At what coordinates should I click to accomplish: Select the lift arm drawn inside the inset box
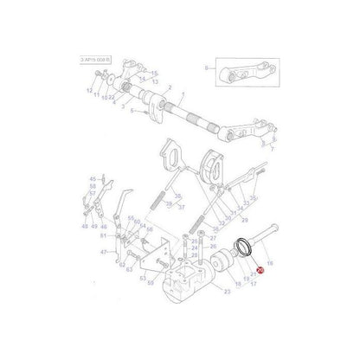(238, 73)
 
